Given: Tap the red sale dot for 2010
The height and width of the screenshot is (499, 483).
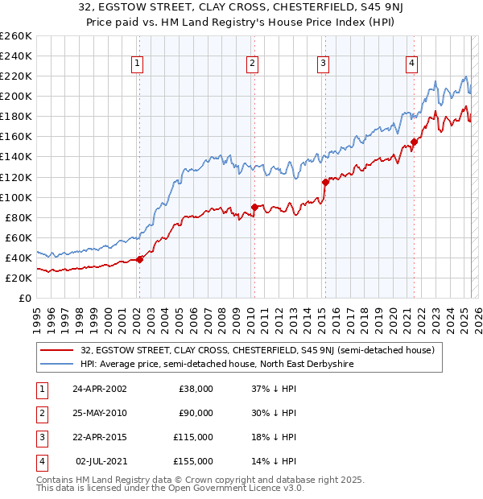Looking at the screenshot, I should tap(254, 207).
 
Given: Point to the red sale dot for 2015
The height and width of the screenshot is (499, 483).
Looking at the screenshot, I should tap(325, 182).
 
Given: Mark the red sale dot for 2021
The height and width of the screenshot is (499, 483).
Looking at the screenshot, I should tap(414, 142).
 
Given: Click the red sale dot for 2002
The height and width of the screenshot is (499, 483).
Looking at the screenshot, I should tap(139, 259).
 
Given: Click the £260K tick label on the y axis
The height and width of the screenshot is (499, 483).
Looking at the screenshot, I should tap(15, 36).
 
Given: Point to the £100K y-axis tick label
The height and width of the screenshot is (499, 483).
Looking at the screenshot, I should tap(15, 197).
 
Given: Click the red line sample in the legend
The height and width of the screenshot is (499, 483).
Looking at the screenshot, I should tap(57, 350).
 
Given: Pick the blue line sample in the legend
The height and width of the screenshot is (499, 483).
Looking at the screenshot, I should tap(57, 364).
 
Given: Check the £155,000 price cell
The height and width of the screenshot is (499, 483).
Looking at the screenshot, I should tap(193, 461).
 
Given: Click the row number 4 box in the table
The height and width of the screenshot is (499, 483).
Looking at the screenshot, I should tap(39, 461).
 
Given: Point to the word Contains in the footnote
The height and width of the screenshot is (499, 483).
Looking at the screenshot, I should tap(56, 480).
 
